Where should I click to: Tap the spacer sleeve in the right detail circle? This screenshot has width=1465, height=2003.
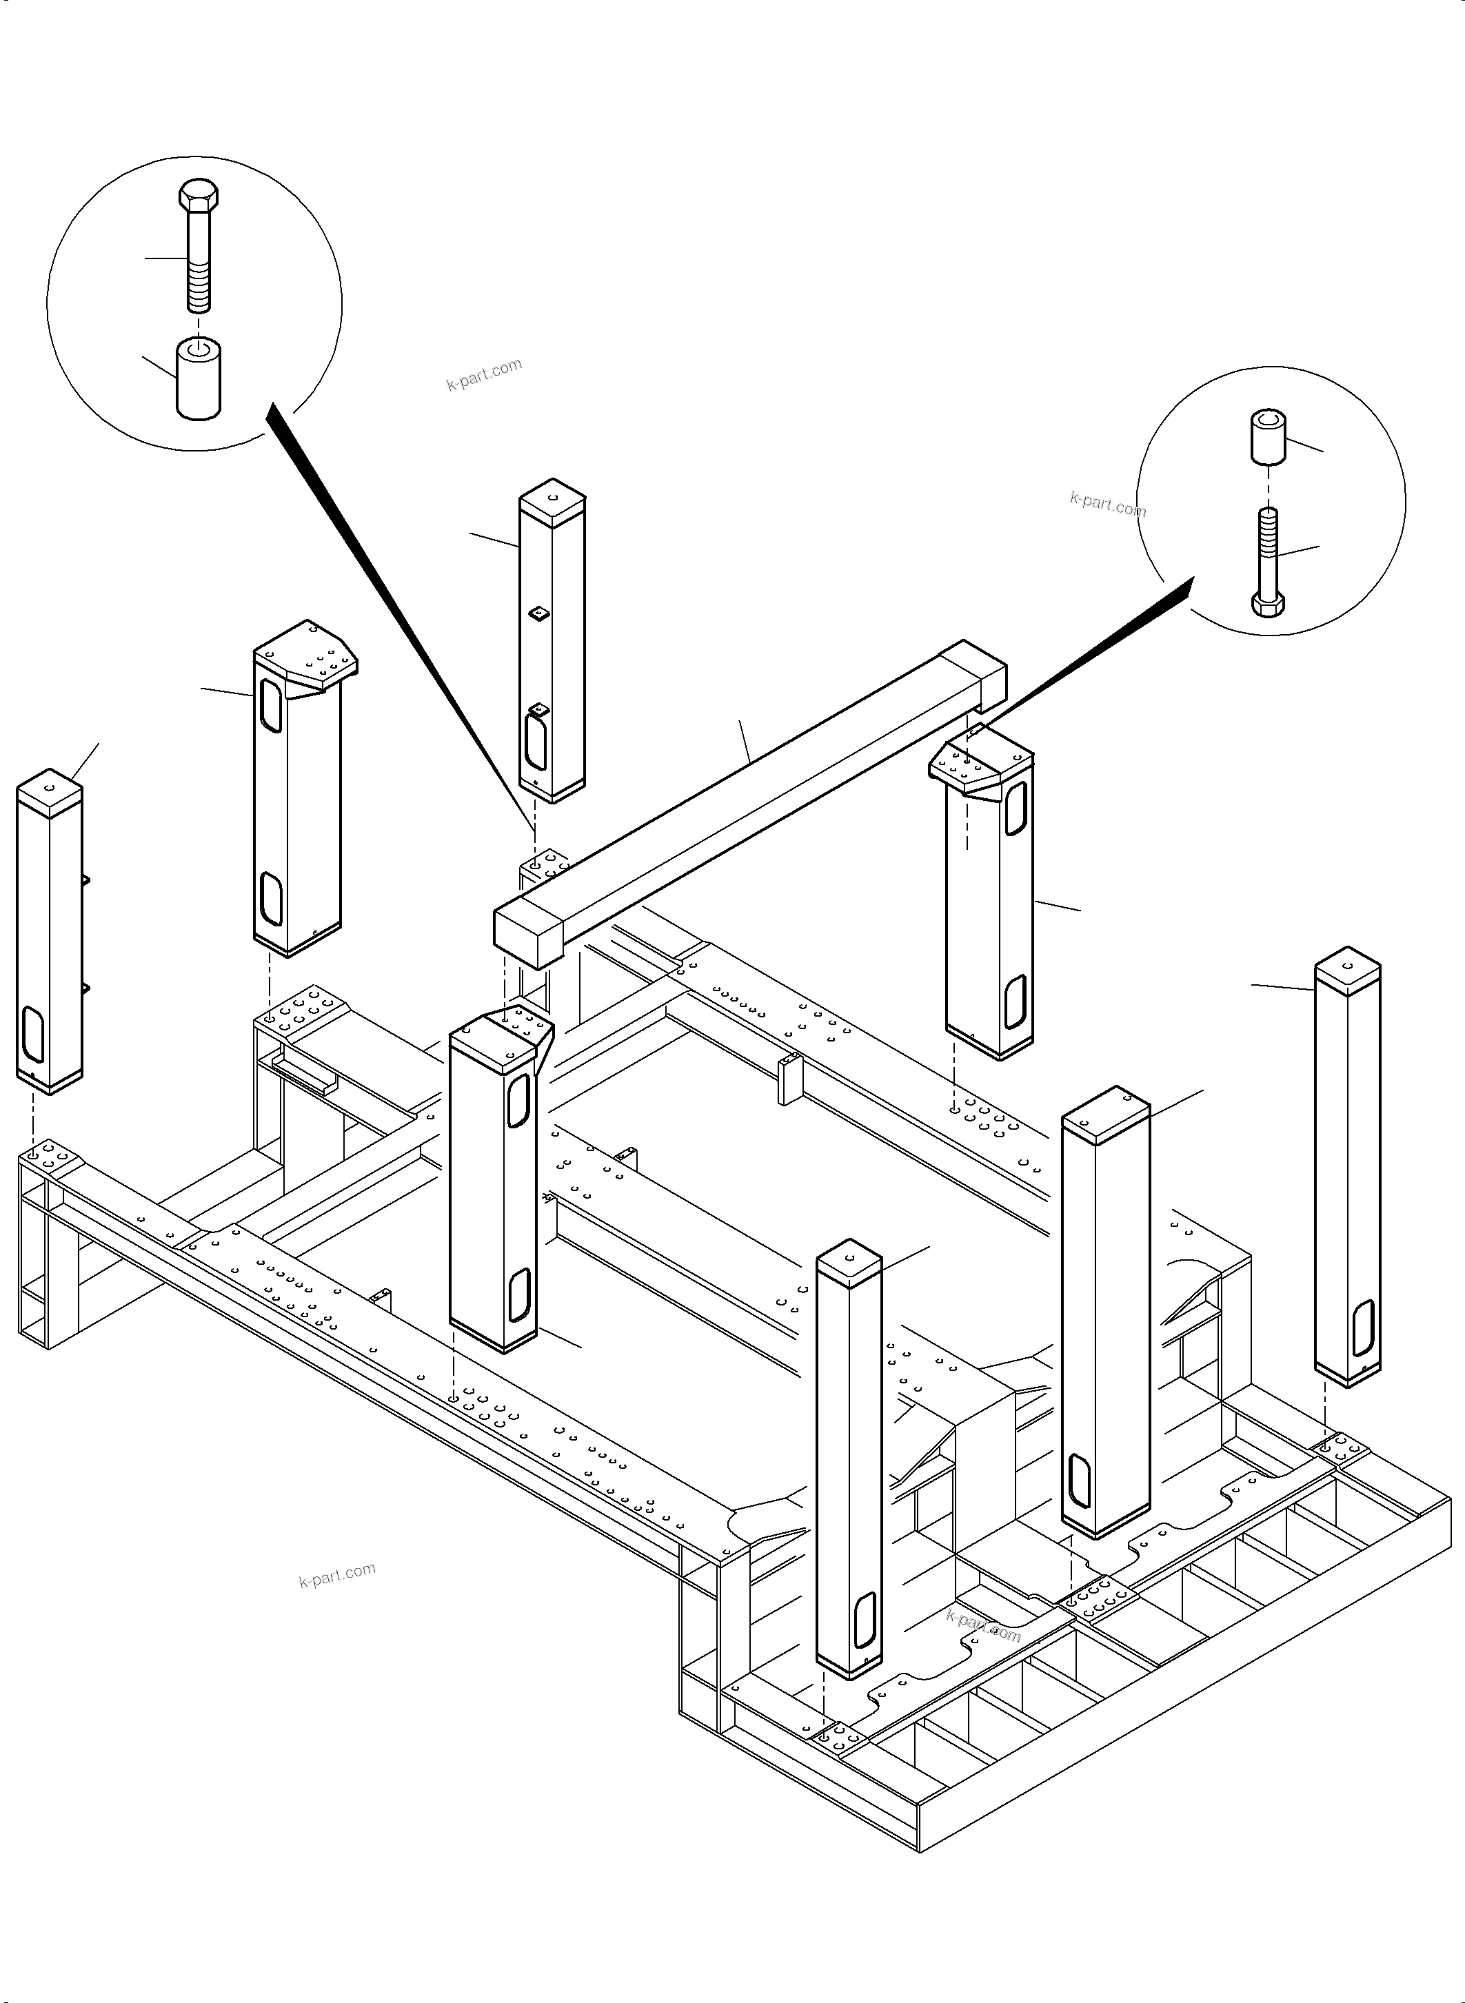tap(1269, 436)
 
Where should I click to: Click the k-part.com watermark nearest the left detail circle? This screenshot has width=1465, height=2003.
tap(484, 374)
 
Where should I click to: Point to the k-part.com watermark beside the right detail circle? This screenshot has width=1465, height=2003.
tap(1108, 505)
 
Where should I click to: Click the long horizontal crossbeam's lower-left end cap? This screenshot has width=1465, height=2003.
tap(529, 936)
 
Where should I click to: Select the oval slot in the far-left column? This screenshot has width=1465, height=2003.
tap(33, 1033)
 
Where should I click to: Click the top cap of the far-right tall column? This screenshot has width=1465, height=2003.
tap(1347, 965)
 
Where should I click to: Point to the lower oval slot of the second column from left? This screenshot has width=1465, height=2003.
tap(270, 898)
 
